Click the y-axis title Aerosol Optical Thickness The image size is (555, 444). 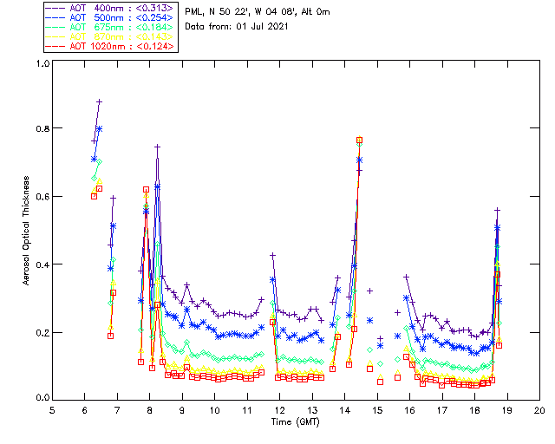coord(27,230)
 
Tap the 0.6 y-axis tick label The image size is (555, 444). coord(42,197)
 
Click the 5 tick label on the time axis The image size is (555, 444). coord(52,410)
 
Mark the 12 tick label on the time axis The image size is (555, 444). coord(280,410)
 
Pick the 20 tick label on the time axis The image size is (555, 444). coord(539,410)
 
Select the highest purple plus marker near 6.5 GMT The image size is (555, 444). coord(99,101)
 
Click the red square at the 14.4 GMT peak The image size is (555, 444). coord(359,140)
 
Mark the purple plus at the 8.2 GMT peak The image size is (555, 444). coord(157,147)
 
